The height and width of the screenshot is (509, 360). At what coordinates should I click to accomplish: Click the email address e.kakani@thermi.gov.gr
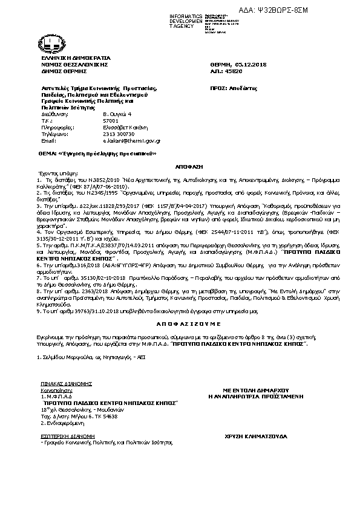coord(131,140)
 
